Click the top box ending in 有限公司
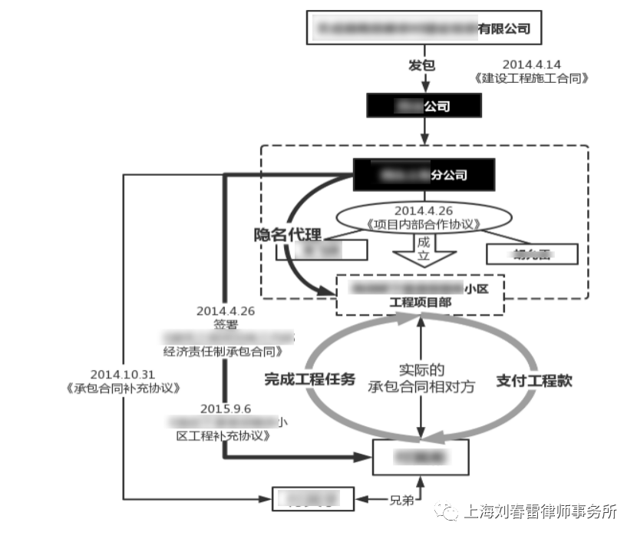point(424,29)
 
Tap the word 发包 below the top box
point(421,65)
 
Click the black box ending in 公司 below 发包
point(424,106)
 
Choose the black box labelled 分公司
point(424,175)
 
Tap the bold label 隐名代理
point(288,235)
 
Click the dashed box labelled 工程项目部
point(421,295)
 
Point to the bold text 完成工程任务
point(309,379)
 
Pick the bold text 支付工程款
point(533,380)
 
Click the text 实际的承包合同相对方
point(421,378)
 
